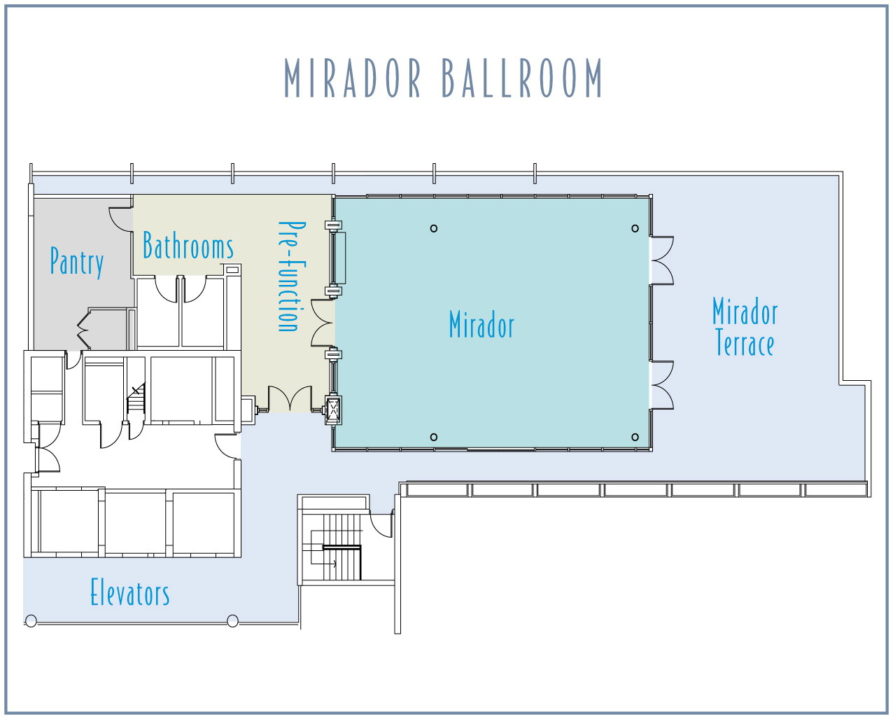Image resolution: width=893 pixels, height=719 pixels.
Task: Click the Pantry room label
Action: coord(77,262)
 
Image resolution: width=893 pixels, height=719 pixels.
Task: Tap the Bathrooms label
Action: coord(188,245)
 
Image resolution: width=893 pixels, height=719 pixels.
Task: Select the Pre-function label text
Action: coord(292,276)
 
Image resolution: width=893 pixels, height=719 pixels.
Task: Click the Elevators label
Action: coord(130,592)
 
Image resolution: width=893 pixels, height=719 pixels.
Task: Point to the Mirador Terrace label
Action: coord(745,326)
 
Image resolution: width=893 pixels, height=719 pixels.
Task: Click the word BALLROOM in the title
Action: coord(521,78)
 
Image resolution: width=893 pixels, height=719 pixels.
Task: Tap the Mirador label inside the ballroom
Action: coord(481,324)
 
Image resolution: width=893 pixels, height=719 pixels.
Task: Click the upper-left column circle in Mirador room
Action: coord(434,228)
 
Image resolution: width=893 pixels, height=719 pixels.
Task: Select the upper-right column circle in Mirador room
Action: coord(635,228)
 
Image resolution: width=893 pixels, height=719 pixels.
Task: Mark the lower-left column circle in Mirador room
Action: coord(434,437)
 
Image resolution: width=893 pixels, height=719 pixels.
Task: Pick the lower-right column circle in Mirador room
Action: coord(635,437)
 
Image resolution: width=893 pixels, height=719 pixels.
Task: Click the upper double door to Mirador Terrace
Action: coord(662,260)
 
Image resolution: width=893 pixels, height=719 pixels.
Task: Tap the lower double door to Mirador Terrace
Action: coord(662,385)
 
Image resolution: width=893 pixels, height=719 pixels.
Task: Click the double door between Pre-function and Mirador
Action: coord(323,323)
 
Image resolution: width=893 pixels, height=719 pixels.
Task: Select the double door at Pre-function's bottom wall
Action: coord(290,398)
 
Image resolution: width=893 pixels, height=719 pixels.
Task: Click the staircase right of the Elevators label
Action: coord(337,547)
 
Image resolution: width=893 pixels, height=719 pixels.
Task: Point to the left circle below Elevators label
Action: coord(31,621)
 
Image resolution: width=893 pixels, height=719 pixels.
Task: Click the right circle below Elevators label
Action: coord(233,621)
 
